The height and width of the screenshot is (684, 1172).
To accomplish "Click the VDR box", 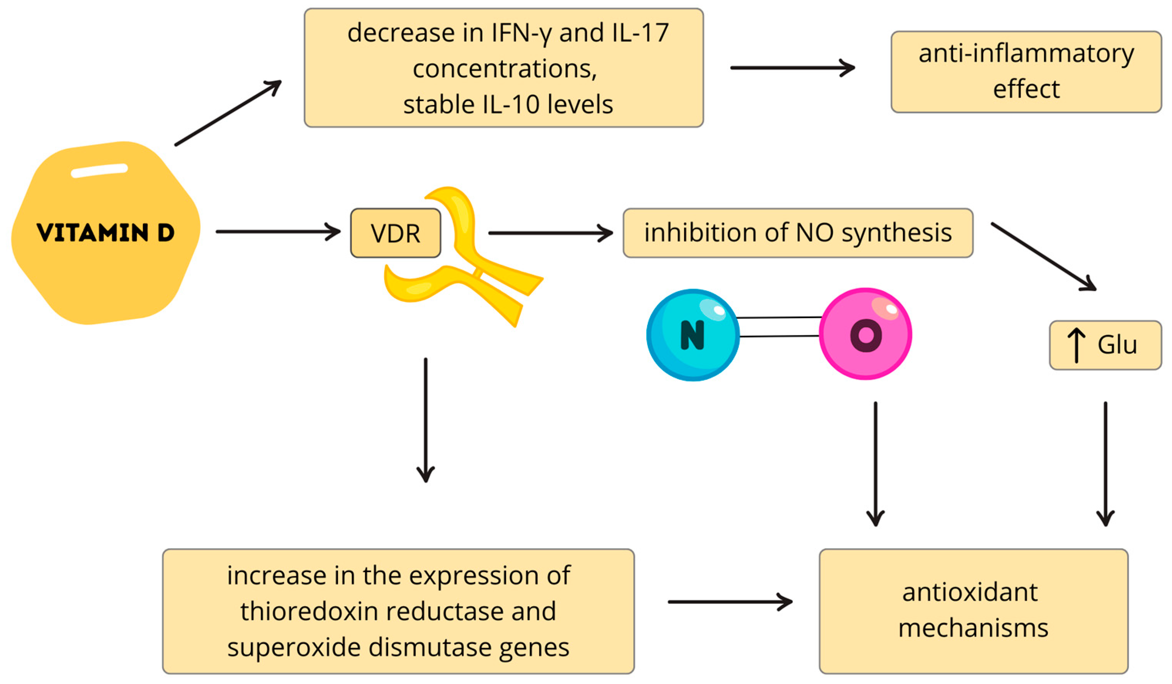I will click(x=395, y=232).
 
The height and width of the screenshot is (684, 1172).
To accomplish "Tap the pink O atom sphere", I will click(x=865, y=334).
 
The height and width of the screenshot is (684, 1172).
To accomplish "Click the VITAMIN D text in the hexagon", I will click(x=106, y=232).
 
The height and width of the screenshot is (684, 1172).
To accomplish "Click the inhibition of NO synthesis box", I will click(x=798, y=232).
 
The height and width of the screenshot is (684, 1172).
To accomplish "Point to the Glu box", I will click(x=1105, y=345).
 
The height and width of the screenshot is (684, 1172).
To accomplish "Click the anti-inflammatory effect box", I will click(x=1026, y=72).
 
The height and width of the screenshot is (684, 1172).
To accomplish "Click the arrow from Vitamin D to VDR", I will click(x=278, y=231).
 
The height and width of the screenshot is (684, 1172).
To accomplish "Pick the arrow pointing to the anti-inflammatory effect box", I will click(x=792, y=67).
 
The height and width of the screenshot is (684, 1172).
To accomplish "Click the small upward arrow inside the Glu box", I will click(x=1076, y=345).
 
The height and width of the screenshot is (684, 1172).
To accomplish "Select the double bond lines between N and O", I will click(x=779, y=327).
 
